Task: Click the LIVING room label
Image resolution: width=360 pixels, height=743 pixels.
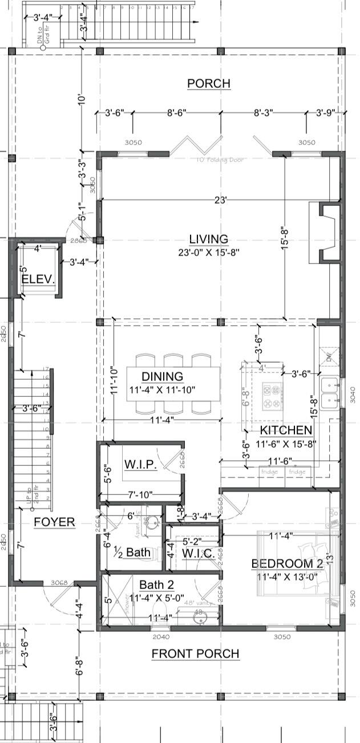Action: pos(209,239)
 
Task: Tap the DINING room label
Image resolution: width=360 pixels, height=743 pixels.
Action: pos(162,376)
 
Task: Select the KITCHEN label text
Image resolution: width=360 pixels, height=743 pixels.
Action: pos(286,430)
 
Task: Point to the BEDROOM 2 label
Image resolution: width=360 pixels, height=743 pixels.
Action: pos(287,563)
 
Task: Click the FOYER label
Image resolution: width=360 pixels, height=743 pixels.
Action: pos(54,522)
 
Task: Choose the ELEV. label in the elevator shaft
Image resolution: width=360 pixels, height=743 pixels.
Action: pos(38,279)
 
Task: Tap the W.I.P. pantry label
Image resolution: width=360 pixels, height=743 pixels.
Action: pos(140,465)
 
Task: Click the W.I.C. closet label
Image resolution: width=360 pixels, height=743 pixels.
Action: pos(198,553)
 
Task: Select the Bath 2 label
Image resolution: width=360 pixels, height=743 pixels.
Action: pos(156,584)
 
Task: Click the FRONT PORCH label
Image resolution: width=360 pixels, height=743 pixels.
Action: pos(195,653)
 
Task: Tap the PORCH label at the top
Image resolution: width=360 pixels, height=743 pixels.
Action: pos(209,84)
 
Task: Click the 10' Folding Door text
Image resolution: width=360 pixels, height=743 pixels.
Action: pos(220,160)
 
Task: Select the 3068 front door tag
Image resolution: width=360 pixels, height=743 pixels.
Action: pos(59,583)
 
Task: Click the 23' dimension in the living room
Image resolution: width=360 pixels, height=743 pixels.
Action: pos(221,200)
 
